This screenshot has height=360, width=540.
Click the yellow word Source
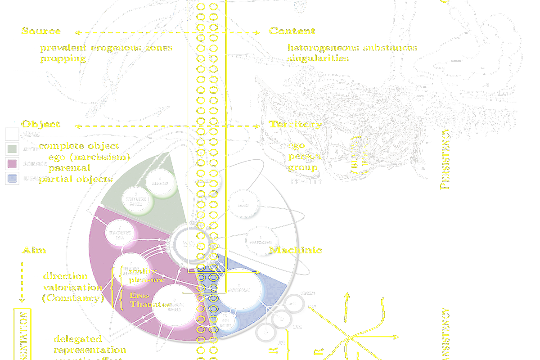(x=41, y=31)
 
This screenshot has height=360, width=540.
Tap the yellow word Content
(x=292, y=31)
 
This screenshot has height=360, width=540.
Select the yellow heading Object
(x=41, y=124)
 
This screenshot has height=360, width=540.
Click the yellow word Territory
(x=295, y=125)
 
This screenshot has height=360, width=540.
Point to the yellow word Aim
(x=34, y=250)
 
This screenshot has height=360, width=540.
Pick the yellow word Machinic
(x=296, y=250)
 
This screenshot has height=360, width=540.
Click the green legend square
(x=12, y=149)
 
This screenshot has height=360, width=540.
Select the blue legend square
(x=12, y=179)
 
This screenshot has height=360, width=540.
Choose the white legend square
(x=12, y=134)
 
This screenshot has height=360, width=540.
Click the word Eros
(x=139, y=296)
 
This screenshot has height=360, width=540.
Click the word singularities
(x=318, y=58)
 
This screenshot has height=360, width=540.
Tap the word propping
(x=63, y=58)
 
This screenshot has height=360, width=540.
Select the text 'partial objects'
(x=76, y=179)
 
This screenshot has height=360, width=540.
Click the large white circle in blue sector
(x=239, y=288)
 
